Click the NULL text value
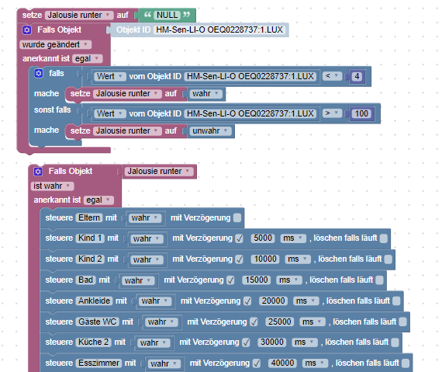(x=167, y=15)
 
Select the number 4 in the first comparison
(x=357, y=76)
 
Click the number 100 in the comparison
(x=361, y=113)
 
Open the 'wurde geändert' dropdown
(x=56, y=44)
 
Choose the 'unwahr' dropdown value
(x=210, y=131)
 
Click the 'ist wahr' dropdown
(x=52, y=186)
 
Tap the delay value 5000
(x=263, y=238)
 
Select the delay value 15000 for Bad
(x=256, y=280)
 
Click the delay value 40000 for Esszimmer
(x=282, y=363)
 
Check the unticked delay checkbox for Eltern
(x=237, y=218)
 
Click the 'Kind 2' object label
(x=90, y=259)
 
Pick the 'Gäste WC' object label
(x=97, y=322)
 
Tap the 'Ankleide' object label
(x=94, y=301)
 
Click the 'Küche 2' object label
(x=93, y=342)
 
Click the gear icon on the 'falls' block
(x=39, y=73)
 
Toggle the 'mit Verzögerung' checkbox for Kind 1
(x=239, y=238)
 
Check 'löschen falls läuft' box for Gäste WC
(x=402, y=322)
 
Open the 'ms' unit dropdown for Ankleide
(x=306, y=301)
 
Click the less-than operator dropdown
(x=332, y=76)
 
